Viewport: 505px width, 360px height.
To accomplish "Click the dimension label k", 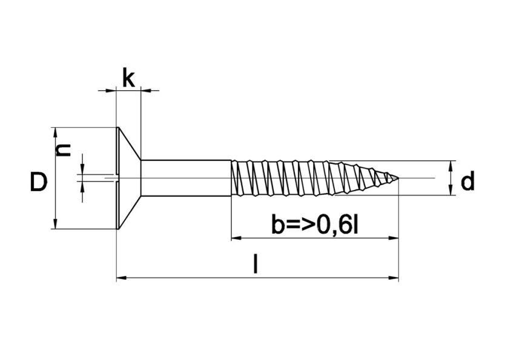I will click(128, 78).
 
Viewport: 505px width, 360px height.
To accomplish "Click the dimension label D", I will click(38, 182).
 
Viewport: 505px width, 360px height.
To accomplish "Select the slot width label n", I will click(63, 149).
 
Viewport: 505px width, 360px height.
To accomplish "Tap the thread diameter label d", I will click(467, 182).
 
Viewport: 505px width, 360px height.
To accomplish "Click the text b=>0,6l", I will click(315, 225).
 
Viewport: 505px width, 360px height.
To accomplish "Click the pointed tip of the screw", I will click(397, 178).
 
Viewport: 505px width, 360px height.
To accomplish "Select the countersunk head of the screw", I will click(128, 178).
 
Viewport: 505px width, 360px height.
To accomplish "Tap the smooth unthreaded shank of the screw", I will click(185, 178).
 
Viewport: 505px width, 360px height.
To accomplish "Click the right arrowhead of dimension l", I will click(394, 278).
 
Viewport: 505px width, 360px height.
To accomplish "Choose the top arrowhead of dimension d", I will click(451, 165).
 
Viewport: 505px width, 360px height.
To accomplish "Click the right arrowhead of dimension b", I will click(394, 238).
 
